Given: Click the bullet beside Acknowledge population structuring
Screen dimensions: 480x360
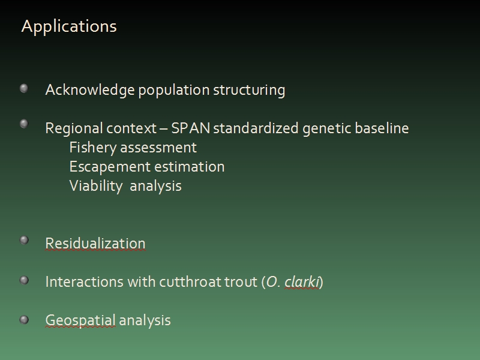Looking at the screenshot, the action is click(24, 88).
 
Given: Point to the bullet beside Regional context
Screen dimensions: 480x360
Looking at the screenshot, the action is click(24, 124).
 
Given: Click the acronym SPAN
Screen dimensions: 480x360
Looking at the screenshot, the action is click(190, 128).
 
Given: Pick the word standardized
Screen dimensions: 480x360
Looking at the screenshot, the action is click(256, 128).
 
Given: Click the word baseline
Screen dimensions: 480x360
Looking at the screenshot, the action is click(382, 128).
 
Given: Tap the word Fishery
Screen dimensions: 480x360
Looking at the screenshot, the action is click(93, 148).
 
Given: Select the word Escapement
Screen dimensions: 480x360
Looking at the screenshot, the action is click(110, 167).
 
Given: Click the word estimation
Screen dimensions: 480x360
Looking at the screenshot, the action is click(189, 167).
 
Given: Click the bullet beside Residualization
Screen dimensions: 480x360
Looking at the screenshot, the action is click(24, 240).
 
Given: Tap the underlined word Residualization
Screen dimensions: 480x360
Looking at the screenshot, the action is click(95, 244).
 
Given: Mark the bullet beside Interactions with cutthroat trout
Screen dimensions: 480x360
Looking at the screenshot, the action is click(24, 280).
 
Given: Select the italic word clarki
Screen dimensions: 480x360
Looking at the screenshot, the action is click(302, 282).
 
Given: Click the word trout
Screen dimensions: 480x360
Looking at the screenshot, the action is click(241, 282).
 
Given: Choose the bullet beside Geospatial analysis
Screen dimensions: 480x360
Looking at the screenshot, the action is click(24, 320).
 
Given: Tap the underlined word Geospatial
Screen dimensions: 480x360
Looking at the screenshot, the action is click(80, 321).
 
